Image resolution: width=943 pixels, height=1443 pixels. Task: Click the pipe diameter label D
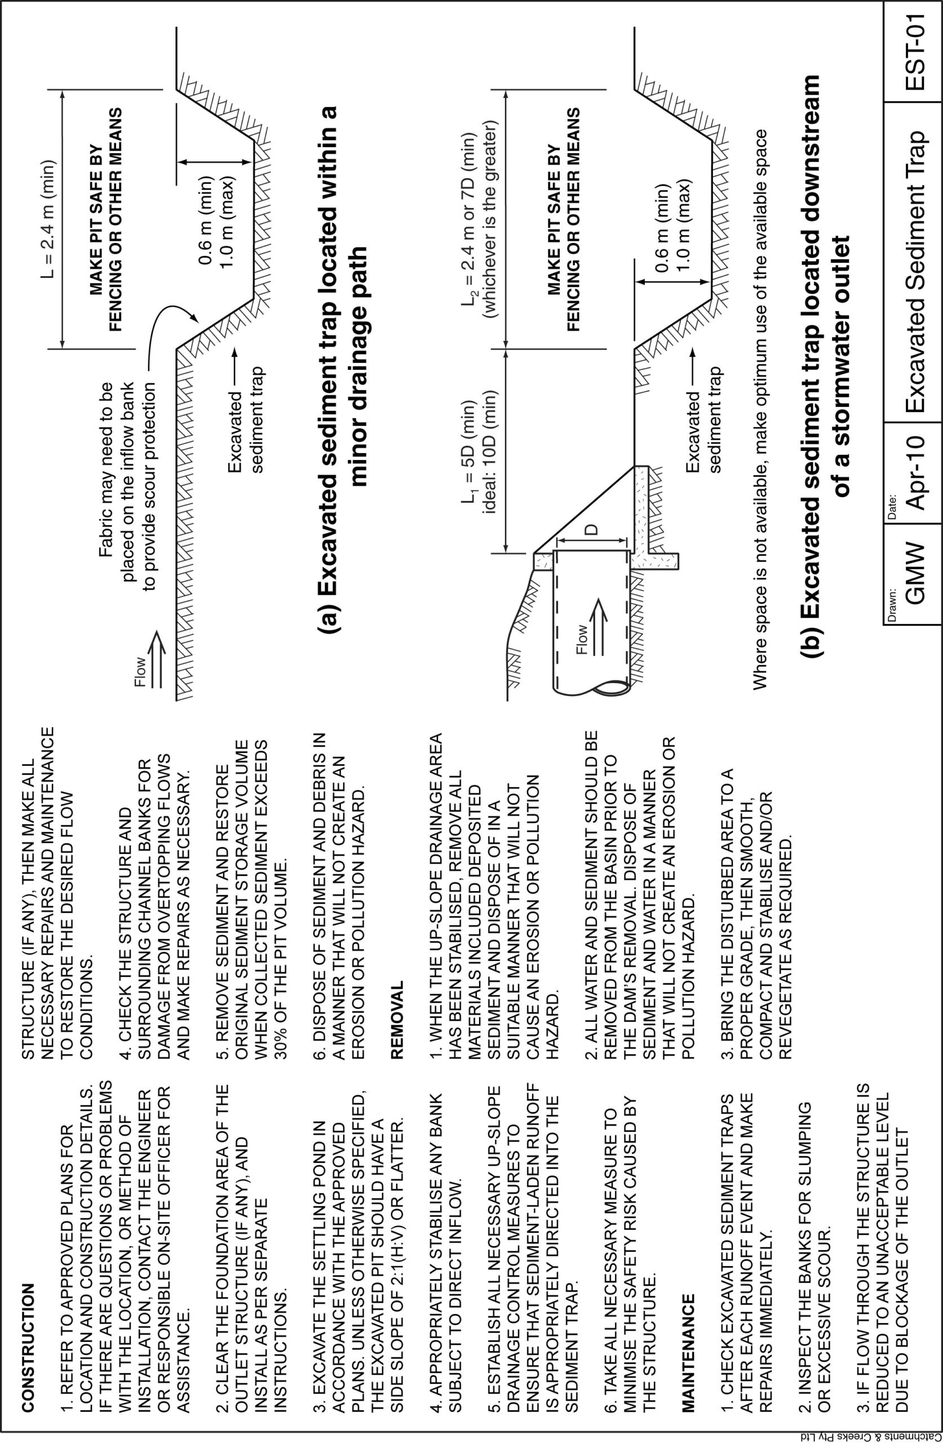592,528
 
